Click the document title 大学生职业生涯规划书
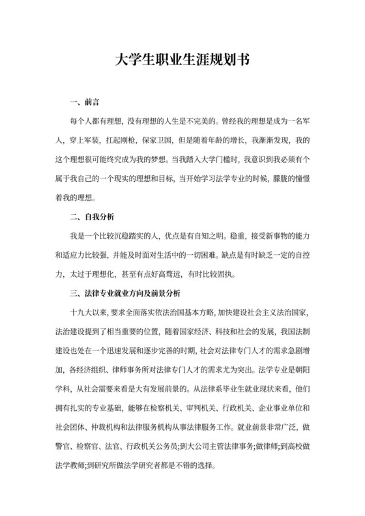(182, 61)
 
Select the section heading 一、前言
(84, 103)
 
